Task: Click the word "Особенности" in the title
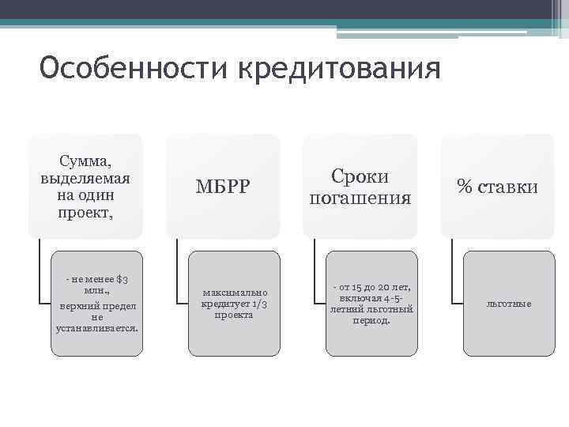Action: pos(133,70)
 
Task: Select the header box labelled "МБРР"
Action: pos(223,187)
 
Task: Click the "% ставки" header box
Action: pos(498,187)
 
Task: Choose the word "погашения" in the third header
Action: pos(360,198)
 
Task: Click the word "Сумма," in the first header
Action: pos(85,160)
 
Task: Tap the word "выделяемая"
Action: pos(85,177)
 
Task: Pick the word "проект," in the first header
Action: pos(85,213)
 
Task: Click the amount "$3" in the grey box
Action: pos(122,279)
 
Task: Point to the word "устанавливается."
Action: pos(97,327)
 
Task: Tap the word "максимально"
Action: pos(235,293)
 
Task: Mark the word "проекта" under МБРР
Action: pos(235,316)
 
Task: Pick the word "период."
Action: pos(372,321)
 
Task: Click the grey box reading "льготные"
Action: pos(509,304)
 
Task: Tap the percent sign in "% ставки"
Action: pos(464,187)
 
